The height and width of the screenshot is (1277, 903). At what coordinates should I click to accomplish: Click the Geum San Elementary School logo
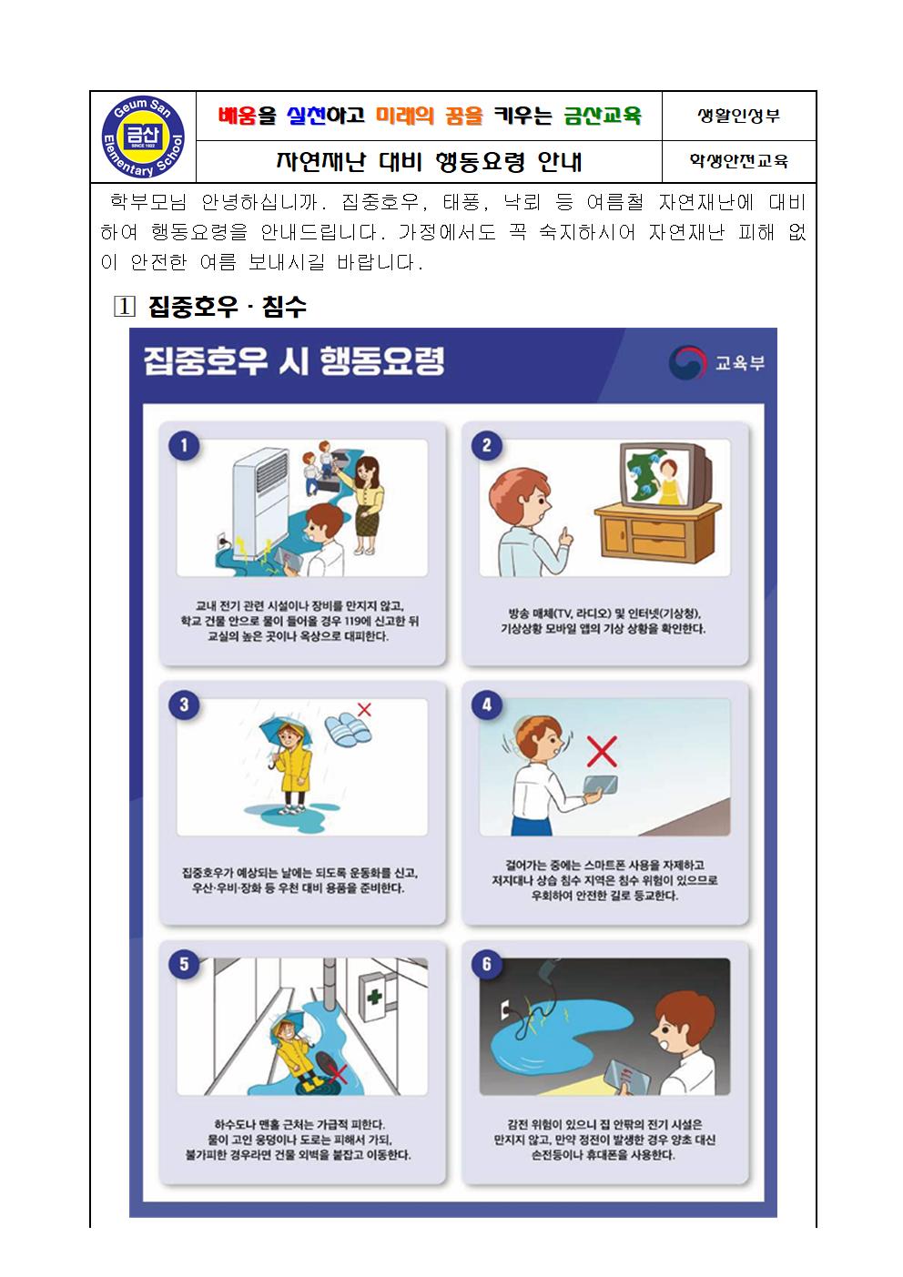point(143,137)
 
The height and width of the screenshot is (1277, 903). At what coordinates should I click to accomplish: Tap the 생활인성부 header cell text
point(738,116)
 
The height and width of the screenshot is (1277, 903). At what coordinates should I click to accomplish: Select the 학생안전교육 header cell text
point(739,161)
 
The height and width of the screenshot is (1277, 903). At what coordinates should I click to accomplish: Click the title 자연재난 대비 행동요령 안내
point(429,162)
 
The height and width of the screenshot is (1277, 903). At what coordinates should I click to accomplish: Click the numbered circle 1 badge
point(184,445)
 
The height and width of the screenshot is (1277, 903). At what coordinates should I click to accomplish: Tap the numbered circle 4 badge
point(487,704)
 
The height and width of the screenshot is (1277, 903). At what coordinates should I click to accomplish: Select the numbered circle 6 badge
point(487,964)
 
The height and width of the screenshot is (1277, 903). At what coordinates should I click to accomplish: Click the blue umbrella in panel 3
point(285,733)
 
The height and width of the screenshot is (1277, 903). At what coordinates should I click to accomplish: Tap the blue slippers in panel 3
point(348,728)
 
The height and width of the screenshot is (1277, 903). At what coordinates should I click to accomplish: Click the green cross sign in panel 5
point(374,998)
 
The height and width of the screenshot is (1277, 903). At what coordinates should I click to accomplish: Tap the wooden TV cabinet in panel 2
point(657,532)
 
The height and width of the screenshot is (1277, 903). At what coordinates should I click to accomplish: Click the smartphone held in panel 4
point(600,785)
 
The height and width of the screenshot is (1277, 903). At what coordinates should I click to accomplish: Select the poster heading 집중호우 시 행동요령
point(294,360)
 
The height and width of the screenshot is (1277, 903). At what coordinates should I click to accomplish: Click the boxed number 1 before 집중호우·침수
point(125,308)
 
